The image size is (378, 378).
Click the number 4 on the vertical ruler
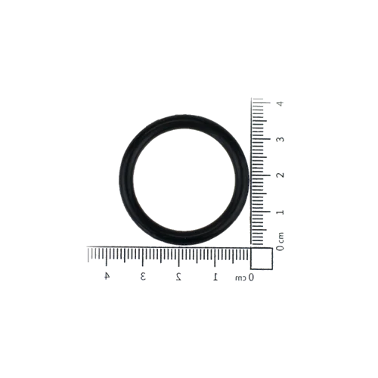(280, 103)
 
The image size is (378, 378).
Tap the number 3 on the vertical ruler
(280, 139)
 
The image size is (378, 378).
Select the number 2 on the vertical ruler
(280, 175)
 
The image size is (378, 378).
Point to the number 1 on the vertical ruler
(280, 212)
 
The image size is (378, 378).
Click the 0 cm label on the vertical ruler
(280, 241)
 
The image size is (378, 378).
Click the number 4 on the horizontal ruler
(107, 276)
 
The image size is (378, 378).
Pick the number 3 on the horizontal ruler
(143, 277)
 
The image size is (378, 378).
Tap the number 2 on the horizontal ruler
(178, 277)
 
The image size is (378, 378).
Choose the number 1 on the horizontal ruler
(215, 277)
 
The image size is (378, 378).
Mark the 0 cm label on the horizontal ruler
(245, 277)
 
